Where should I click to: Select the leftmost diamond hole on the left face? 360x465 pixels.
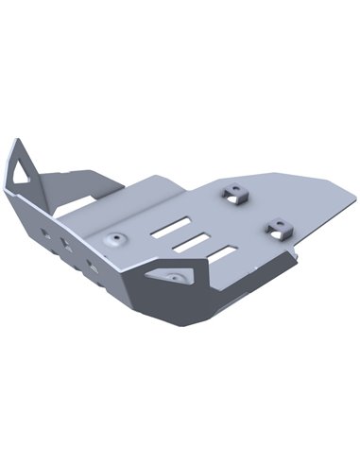point(45,230)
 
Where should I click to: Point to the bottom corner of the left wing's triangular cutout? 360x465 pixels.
point(19,182)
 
